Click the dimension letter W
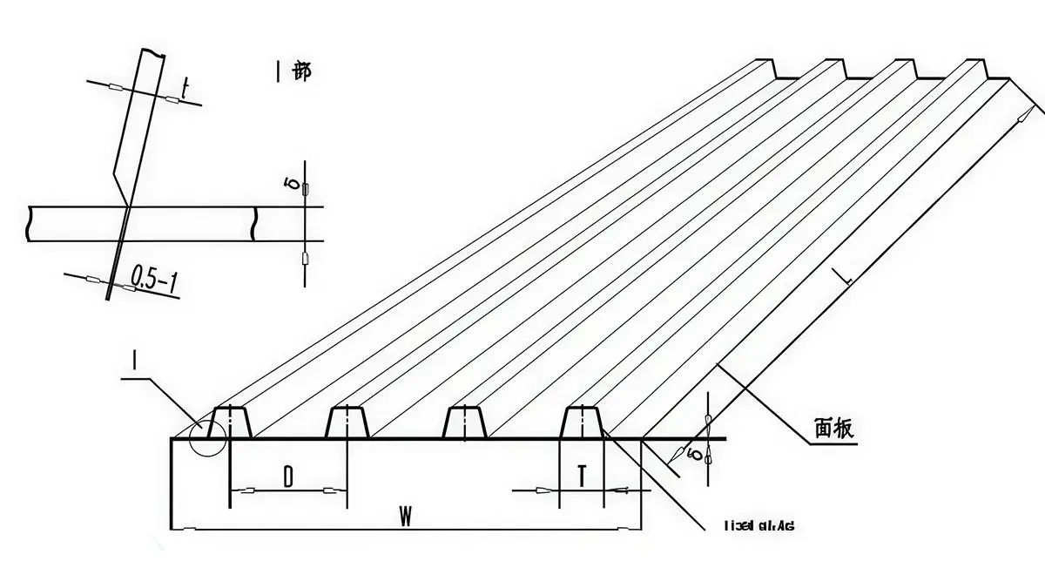pyautogui.click(x=405, y=516)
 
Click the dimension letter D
pyautogui.click(x=288, y=476)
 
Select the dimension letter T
pyautogui.click(x=582, y=476)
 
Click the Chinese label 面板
pyautogui.click(x=833, y=428)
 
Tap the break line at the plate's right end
pyautogui.click(x=254, y=223)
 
